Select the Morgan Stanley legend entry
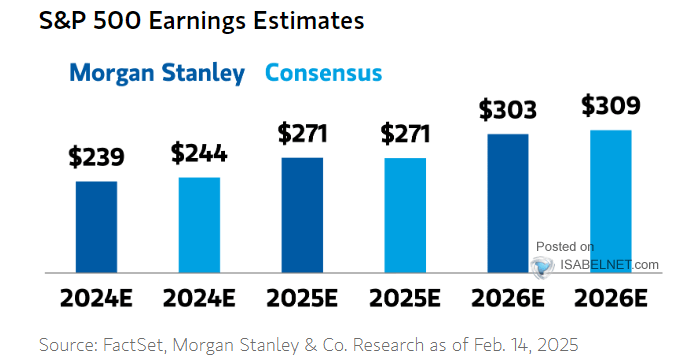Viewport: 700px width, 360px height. pyautogui.click(x=159, y=73)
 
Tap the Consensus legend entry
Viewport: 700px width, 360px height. pyautogui.click(x=322, y=73)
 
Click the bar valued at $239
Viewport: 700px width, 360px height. pyautogui.click(x=96, y=226)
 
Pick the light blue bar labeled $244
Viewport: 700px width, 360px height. pyautogui.click(x=199, y=224)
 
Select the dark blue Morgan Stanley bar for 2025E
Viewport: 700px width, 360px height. pyautogui.click(x=302, y=214)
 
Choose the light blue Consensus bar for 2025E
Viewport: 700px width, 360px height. pyautogui.click(x=405, y=214)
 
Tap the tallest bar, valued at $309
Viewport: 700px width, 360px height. pyautogui.click(x=610, y=200)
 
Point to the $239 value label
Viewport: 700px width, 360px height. pyautogui.click(x=96, y=157)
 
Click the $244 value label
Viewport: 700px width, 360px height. pyautogui.click(x=199, y=153)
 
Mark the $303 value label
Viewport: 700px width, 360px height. pyautogui.click(x=508, y=109)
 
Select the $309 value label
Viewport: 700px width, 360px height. pyautogui.click(x=610, y=105)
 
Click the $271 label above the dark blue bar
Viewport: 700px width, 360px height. pyautogui.click(x=302, y=133)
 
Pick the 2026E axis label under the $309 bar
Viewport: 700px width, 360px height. pyautogui.click(x=610, y=297)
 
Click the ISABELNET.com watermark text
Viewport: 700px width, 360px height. pyautogui.click(x=609, y=264)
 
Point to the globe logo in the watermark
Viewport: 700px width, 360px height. pyautogui.click(x=543, y=265)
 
